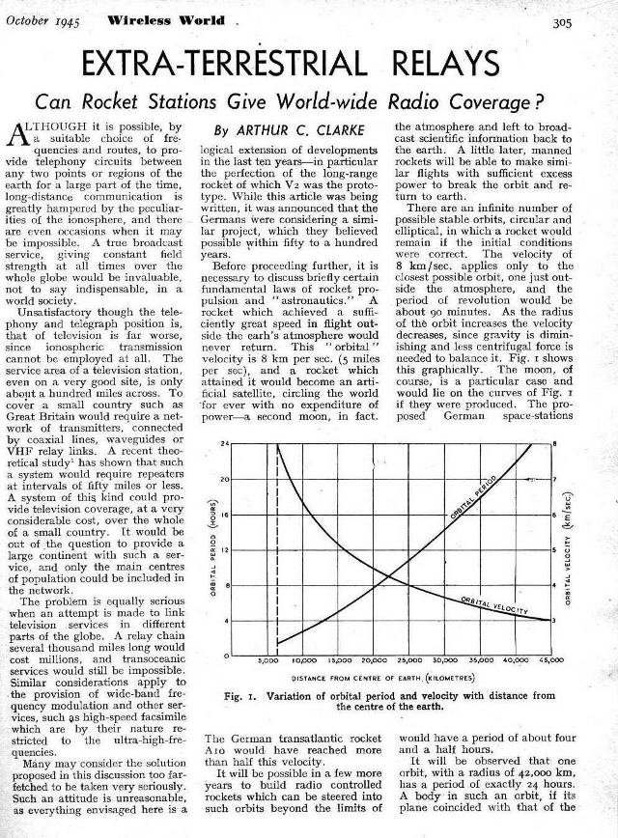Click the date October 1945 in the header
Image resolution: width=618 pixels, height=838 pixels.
(42, 19)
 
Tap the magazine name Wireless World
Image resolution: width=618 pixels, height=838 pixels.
(154, 19)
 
